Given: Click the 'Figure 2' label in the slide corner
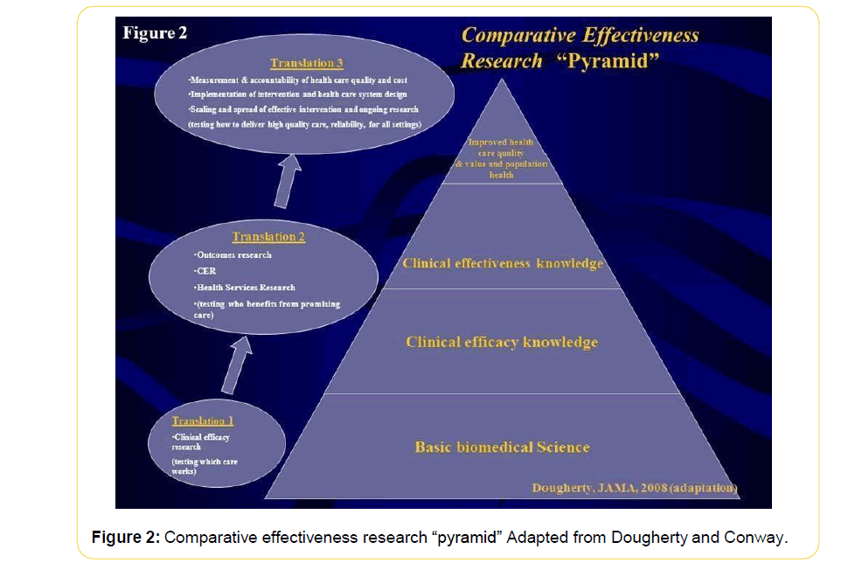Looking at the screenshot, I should (155, 33).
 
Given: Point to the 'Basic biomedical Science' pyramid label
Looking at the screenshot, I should (502, 448).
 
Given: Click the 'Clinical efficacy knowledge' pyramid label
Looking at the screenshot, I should (502, 342).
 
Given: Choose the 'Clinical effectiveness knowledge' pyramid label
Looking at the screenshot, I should (502, 263).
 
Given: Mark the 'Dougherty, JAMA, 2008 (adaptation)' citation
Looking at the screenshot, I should (635, 488).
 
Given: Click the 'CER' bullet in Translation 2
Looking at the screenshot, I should (206, 271).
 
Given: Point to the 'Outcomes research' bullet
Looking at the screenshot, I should (233, 255).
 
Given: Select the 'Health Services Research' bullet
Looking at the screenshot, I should (246, 287).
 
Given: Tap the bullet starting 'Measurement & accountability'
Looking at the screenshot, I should (297, 80).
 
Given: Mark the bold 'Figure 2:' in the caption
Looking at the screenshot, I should (125, 537).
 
